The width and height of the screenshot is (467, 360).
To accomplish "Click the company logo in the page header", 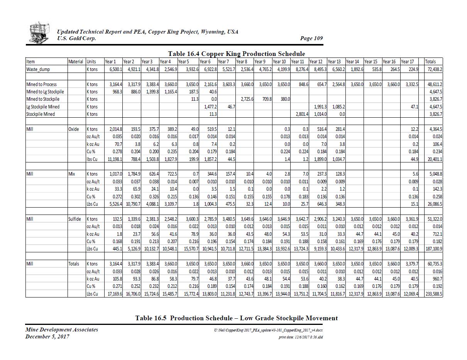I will (39, 33).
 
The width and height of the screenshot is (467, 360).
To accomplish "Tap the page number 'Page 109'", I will (311, 38).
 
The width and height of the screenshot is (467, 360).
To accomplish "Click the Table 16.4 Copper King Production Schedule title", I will (236, 54).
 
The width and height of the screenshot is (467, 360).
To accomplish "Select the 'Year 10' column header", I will (279, 61).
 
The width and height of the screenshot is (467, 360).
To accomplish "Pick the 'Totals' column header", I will (430, 61).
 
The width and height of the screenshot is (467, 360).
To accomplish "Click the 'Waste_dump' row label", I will (38, 69).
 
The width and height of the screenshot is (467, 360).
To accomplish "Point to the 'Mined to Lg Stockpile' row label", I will (45, 91).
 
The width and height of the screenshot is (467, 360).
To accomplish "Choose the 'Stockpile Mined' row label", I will (41, 114).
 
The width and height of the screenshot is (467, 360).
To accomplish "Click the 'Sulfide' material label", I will (74, 219).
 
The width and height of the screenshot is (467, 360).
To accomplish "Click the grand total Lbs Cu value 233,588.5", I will (433, 294).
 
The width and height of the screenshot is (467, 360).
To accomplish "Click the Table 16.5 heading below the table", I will (236, 318).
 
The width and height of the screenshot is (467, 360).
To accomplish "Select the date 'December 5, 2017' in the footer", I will (47, 336).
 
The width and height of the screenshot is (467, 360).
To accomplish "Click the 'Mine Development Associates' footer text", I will (61, 330).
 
